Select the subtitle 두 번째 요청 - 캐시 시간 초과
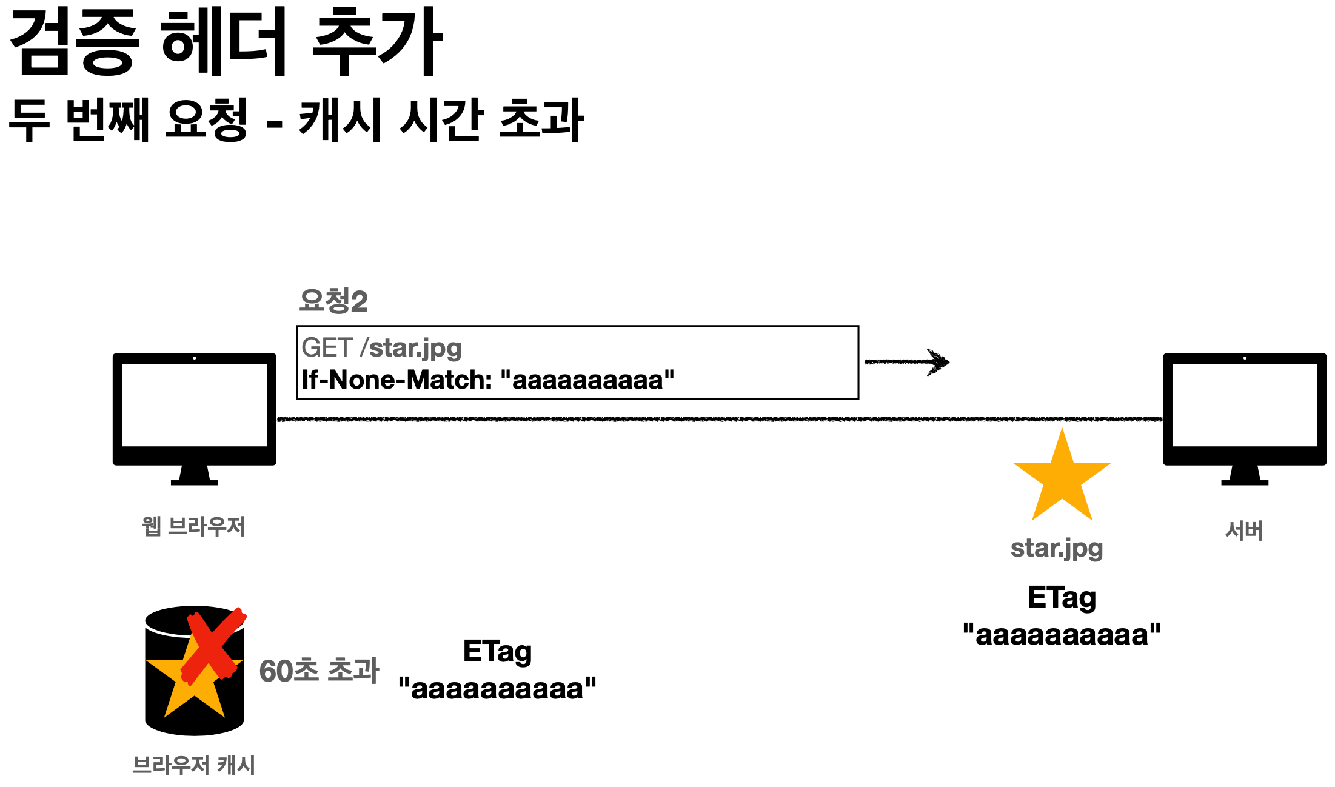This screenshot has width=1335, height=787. [x=296, y=119]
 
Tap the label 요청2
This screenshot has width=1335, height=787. [x=333, y=301]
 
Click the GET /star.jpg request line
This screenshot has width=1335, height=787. [x=381, y=348]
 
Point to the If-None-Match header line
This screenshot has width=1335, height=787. [x=487, y=380]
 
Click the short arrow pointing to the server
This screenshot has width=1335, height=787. [x=907, y=362]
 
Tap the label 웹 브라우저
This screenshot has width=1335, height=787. [x=193, y=526]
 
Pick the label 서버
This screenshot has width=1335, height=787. [x=1244, y=531]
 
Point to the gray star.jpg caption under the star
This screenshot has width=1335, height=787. [x=1057, y=548]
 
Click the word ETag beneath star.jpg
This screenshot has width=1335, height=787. [x=1062, y=598]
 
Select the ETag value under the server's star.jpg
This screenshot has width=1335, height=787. [x=1062, y=635]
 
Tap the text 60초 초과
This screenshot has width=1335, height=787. [x=319, y=671]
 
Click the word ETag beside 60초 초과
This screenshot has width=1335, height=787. [x=497, y=652]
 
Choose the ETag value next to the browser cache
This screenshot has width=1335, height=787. [x=497, y=689]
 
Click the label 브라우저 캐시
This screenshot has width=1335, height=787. [x=193, y=765]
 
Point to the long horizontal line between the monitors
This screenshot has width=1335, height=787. [x=719, y=419]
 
